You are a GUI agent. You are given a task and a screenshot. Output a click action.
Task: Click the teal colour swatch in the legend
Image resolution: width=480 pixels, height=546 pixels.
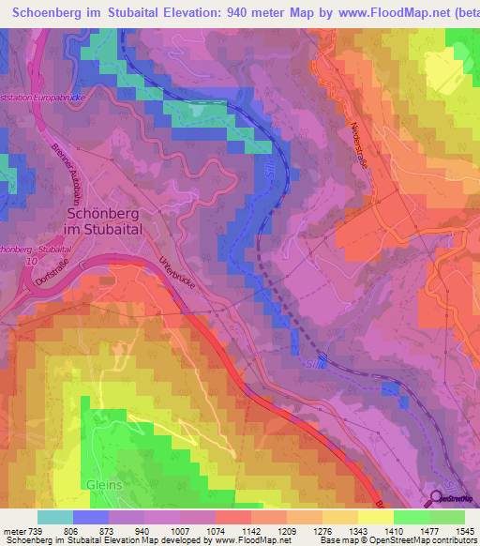pyautogui.click(x=55, y=517)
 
